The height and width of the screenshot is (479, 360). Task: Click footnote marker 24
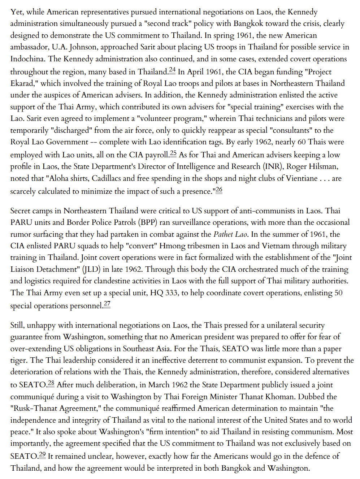pyautogui.click(x=172, y=70)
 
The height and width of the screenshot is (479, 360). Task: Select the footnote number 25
pyautogui.click(x=173, y=153)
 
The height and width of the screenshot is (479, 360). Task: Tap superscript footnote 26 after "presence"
pyautogui.click(x=219, y=190)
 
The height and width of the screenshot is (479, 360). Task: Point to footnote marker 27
pyautogui.click(x=107, y=304)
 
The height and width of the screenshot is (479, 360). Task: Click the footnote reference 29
pyautogui.click(x=42, y=454)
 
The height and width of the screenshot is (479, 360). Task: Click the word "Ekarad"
pyautogui.click(x=23, y=83)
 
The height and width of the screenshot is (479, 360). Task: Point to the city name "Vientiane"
pyautogui.click(x=302, y=178)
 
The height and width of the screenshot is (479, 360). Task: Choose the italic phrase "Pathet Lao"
pyautogui.click(x=230, y=234)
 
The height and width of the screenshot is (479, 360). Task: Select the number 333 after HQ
pyautogui.click(x=172, y=293)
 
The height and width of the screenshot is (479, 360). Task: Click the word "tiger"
pyautogui.click(x=18, y=360)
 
